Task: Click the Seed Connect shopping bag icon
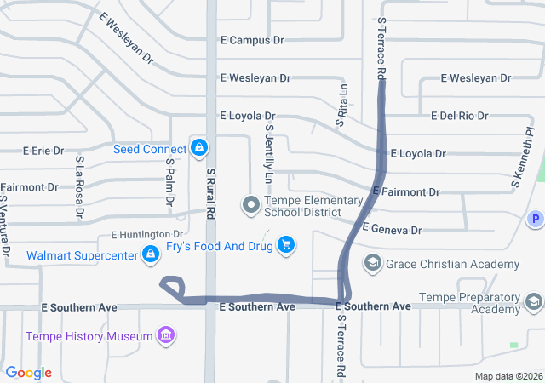click(199, 148)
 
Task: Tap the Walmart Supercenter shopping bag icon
click(150, 254)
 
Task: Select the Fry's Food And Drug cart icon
click(286, 245)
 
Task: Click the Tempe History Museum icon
click(167, 335)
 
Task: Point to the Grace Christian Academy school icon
click(372, 263)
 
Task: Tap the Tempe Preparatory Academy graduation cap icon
click(533, 301)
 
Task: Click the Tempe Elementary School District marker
click(251, 204)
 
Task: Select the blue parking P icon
click(536, 219)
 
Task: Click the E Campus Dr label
click(252, 40)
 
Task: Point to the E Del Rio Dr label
click(460, 116)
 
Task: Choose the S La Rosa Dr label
click(79, 185)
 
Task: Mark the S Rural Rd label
click(210, 193)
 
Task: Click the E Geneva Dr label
click(393, 230)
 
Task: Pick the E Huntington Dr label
click(147, 234)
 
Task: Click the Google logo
click(29, 373)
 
